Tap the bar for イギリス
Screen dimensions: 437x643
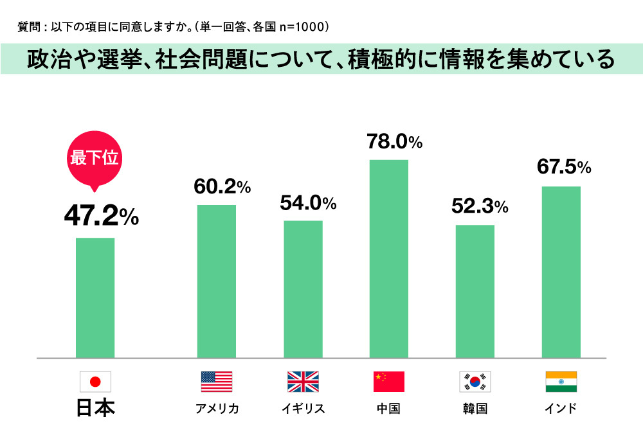pos(303,289)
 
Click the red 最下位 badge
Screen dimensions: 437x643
pos(94,158)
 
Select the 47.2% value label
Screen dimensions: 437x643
pos(101,217)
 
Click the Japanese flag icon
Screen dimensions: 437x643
pos(95,382)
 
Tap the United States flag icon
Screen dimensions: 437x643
pos(217,382)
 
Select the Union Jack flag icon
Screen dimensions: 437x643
pos(303,382)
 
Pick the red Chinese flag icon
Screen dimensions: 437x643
pos(389,382)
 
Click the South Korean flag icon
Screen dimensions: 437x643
pos(475,382)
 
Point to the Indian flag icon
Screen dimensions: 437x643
pos(561,382)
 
